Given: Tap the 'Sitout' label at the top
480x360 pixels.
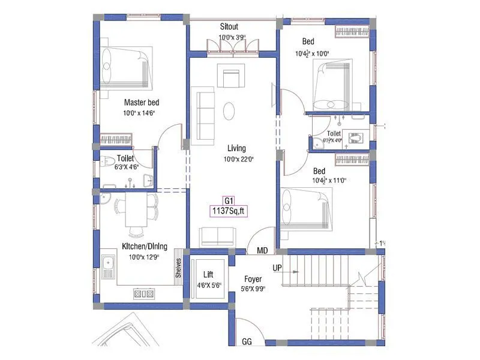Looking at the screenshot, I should pos(229,28).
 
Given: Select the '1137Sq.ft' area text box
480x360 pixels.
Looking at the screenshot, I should pos(228,211).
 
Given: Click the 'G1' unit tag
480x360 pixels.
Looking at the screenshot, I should pos(228,200).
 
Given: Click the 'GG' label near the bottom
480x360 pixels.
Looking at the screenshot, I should pos(246,342).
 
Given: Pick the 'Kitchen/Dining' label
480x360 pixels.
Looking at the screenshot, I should pos(145,246).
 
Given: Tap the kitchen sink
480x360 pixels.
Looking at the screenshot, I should pos(109,267).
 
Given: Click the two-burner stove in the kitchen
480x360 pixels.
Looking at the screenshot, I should pos(144,293).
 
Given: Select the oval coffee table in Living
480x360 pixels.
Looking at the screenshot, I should pos(229,111).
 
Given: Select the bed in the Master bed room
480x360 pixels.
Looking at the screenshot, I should pos(124,66).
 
